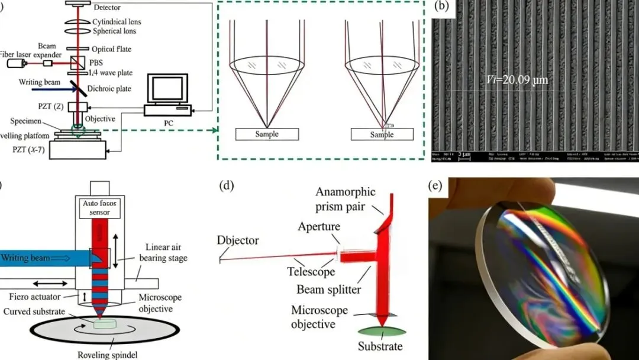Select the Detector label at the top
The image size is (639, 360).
click(x=106, y=8)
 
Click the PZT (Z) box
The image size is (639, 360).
click(x=77, y=107)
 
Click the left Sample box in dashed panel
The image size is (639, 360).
click(x=266, y=134)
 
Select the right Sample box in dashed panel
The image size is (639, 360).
click(x=382, y=134)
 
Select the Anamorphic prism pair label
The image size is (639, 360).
click(x=349, y=199)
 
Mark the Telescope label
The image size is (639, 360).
click(x=312, y=272)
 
